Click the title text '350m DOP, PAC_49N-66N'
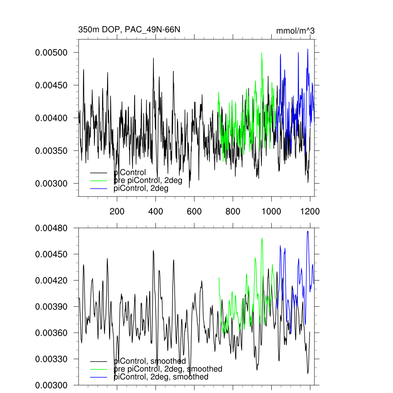point(129,30)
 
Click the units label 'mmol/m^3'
point(295,31)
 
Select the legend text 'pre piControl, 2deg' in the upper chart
point(148,180)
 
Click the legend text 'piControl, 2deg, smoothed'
point(161,377)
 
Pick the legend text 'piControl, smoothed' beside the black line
point(150,361)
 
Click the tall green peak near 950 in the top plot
point(262,53)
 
